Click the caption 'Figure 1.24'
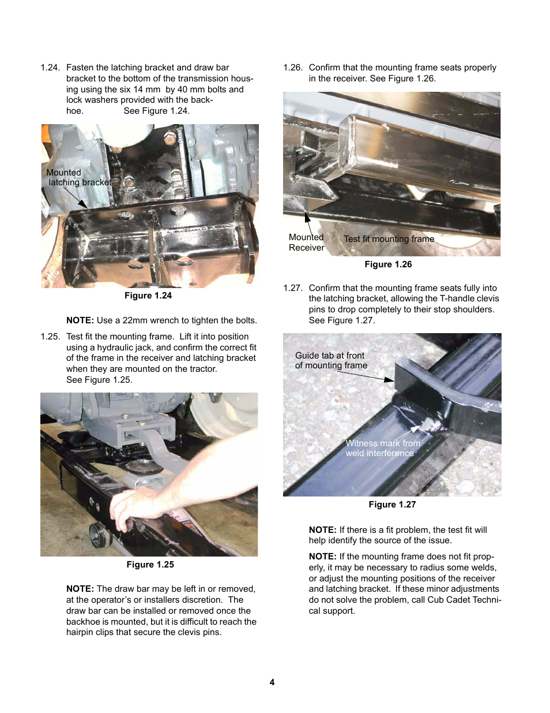pos(148,296)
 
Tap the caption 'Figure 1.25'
pos(150,565)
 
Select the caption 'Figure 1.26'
pos(388,264)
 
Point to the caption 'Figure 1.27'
pos(392,505)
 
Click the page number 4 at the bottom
pos(272,682)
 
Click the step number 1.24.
pos(50,68)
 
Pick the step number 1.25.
pos(50,337)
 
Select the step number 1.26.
pos(293,68)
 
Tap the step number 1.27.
pos(293,288)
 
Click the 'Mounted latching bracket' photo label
pos(78,178)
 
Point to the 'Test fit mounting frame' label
pos(389,239)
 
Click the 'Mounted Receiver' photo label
pos(306,242)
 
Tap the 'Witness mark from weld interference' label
pos(382,448)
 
